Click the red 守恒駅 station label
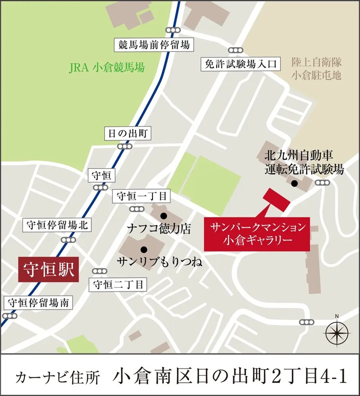pos(49,270)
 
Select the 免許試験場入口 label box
pos(237,64)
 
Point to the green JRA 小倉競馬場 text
pos(107,68)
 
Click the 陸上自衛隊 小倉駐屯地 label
pos(316,69)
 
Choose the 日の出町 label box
pos(128,133)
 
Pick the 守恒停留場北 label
pos(57,225)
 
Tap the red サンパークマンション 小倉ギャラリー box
pos(257,233)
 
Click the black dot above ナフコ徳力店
pos(163,216)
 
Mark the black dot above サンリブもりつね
pos(144,249)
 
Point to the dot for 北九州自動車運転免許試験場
pos(294,183)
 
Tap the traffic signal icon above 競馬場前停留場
pos(173,30)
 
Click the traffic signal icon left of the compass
pos(306,322)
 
